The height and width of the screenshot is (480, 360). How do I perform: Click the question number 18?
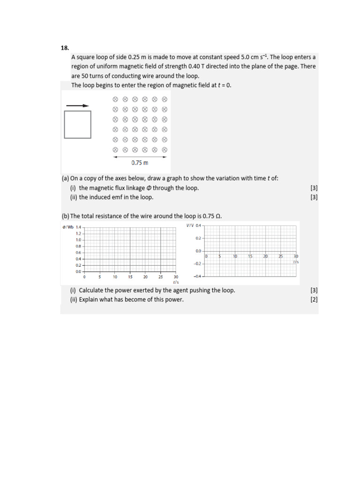pyautogui.click(x=65, y=48)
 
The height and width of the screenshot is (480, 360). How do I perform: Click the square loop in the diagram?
pyautogui.click(x=77, y=124)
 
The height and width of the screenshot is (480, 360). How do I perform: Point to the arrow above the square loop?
pyautogui.click(x=77, y=106)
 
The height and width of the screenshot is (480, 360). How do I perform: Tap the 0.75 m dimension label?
pyautogui.click(x=140, y=163)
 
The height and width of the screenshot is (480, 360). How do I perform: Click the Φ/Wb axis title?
pyautogui.click(x=68, y=227)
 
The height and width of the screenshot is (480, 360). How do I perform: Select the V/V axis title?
pyautogui.click(x=190, y=225)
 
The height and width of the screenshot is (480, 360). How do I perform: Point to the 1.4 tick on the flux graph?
pyautogui.click(x=78, y=227)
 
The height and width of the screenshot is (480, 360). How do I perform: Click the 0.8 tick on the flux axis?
pyautogui.click(x=78, y=246)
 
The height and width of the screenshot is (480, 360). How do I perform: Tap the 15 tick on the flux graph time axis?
pyautogui.click(x=130, y=277)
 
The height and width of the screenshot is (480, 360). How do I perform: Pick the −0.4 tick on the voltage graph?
pyautogui.click(x=197, y=276)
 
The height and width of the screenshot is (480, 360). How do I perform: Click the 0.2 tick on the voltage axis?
pyautogui.click(x=198, y=238)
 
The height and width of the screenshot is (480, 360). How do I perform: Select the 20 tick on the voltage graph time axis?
pyautogui.click(x=265, y=256)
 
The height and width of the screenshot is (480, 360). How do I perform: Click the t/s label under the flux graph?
pyautogui.click(x=176, y=282)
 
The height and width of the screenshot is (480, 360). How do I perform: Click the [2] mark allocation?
pyautogui.click(x=314, y=300)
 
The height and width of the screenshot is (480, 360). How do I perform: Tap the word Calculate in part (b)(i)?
pyautogui.click(x=92, y=290)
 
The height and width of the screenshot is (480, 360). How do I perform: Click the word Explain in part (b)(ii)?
pyautogui.click(x=90, y=300)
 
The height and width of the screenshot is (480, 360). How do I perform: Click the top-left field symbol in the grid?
pyautogui.click(x=115, y=99)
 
